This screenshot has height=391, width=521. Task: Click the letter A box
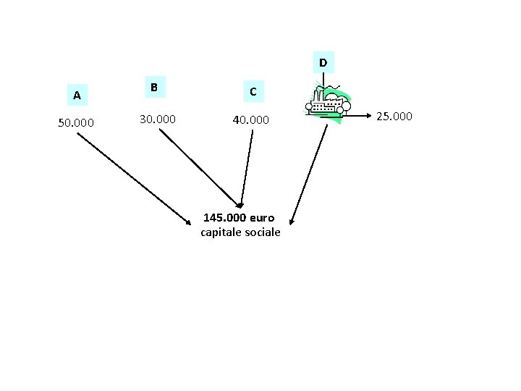pyautogui.click(x=76, y=95)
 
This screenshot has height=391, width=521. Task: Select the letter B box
pyautogui.click(x=153, y=87)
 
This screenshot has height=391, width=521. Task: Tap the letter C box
pyautogui.click(x=252, y=92)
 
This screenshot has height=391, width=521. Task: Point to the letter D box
pyautogui.click(x=323, y=63)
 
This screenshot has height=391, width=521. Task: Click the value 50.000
pyautogui.click(x=76, y=123)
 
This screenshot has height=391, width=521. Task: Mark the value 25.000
pyautogui.click(x=394, y=116)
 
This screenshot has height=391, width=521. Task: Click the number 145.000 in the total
pyautogui.click(x=225, y=217)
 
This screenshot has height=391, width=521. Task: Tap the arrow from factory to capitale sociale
pyautogui.click(x=309, y=174)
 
